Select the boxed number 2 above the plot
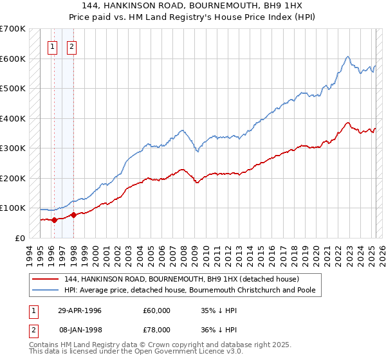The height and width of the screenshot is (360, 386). (x=71, y=46)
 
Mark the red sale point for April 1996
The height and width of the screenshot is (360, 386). (x=55, y=220)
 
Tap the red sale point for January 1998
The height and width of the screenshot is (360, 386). (x=73, y=215)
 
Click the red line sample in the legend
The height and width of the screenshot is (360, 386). (x=46, y=280)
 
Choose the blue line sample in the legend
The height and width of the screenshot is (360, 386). (x=46, y=291)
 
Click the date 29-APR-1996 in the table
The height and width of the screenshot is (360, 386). (x=79, y=310)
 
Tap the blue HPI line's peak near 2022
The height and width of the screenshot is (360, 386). (x=347, y=57)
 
